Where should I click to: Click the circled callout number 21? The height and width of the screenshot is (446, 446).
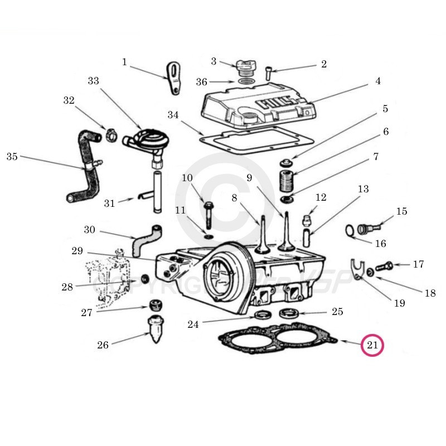[x=372, y=346]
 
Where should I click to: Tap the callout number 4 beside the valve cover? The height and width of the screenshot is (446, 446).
[x=378, y=81]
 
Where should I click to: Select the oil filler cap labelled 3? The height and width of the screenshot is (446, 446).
[x=244, y=69]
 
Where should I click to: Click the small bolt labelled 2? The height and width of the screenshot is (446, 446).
[x=269, y=72]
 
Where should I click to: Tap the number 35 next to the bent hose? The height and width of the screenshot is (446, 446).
[x=12, y=156]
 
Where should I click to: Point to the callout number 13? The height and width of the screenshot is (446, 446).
[x=363, y=190]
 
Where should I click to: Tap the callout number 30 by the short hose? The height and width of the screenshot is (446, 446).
[x=90, y=230]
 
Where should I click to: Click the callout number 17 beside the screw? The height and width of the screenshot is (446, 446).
[x=418, y=264]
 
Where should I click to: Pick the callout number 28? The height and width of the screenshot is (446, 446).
[x=67, y=288]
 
